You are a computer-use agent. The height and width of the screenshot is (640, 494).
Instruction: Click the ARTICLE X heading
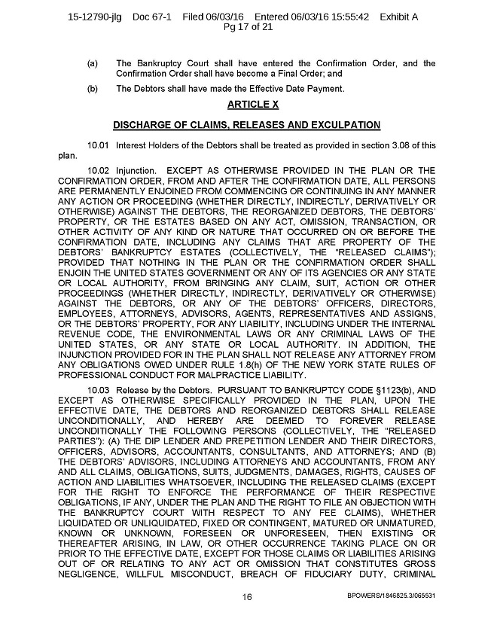pos(246,104)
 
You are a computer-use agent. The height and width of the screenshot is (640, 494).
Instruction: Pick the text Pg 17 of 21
pos(247,28)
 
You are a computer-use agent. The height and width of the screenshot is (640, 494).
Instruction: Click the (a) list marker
pos(93,63)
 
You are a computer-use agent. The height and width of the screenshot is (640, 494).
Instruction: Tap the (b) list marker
pos(93,89)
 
